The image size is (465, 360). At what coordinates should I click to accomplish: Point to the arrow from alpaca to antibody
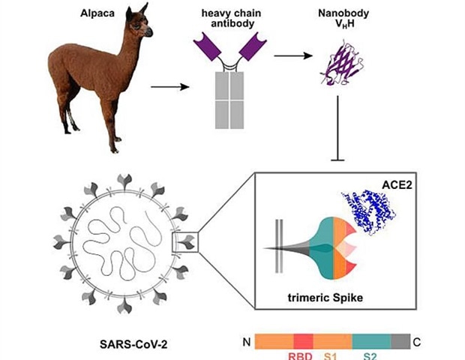169,87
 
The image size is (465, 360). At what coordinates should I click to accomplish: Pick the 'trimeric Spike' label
325,298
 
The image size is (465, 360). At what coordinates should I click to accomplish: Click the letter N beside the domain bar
244,342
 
